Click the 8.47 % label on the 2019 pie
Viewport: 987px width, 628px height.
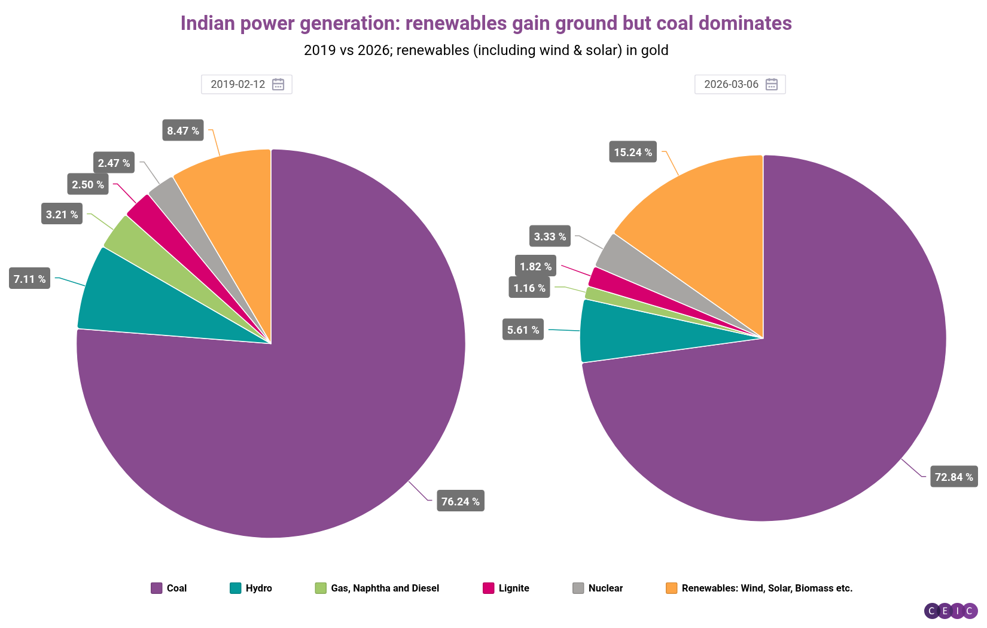click(182, 130)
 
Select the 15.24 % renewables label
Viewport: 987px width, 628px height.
click(632, 152)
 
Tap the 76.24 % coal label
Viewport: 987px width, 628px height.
click(460, 501)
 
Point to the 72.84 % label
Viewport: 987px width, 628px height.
click(954, 477)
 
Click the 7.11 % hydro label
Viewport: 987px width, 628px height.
click(29, 279)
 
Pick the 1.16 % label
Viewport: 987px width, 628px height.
click(529, 288)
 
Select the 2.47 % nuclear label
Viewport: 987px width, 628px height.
click(114, 163)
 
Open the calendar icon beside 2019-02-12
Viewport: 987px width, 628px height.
click(278, 84)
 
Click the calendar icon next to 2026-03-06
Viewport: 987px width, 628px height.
click(772, 84)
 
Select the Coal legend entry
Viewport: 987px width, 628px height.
click(169, 588)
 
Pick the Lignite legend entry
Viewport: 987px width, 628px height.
click(506, 588)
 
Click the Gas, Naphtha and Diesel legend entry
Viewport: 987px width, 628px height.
click(377, 588)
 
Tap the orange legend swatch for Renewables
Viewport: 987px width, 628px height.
click(671, 588)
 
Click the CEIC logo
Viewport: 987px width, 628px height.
click(951, 611)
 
